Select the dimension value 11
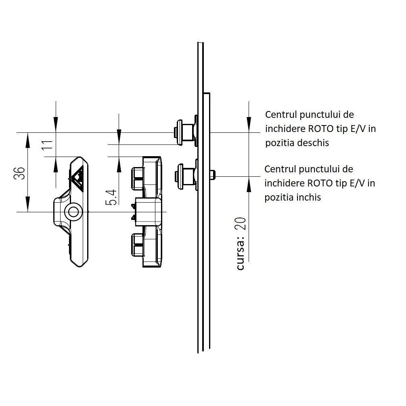[47, 145]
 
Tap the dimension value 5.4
[112, 197]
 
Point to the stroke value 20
[241, 223]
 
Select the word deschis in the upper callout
[312, 143]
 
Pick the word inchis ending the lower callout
[308, 197]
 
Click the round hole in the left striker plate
[73, 211]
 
